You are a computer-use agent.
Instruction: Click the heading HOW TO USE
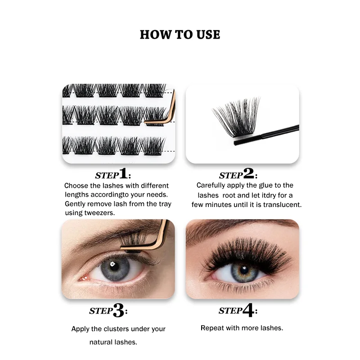[x=180, y=35]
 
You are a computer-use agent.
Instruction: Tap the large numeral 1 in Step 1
[x=123, y=173]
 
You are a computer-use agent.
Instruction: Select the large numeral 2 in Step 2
[x=249, y=173]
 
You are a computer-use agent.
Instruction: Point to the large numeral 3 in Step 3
[x=119, y=310]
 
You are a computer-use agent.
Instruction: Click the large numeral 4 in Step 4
[x=248, y=310]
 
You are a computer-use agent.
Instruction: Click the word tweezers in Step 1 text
[x=99, y=213]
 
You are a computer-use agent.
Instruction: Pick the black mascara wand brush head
[x=247, y=139]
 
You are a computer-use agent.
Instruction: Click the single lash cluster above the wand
[x=237, y=117]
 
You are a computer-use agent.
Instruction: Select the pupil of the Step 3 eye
[x=114, y=266]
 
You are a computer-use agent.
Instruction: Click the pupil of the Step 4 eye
[x=244, y=270]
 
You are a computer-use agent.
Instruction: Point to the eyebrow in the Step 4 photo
[x=241, y=227]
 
